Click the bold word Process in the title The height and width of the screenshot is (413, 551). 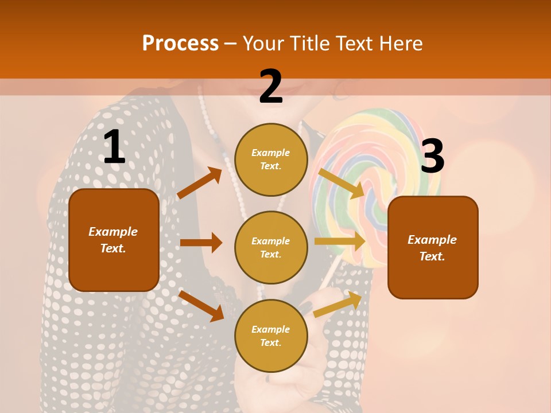180,44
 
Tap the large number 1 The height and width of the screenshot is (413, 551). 114,147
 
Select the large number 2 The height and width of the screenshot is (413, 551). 271,87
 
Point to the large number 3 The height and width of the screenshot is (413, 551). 433,157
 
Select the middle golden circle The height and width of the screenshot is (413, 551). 271,247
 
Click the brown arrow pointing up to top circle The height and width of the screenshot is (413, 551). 200,183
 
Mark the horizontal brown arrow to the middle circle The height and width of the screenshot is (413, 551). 201,243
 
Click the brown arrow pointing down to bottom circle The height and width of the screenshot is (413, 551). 201,306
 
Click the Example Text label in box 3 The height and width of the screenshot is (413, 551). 432,248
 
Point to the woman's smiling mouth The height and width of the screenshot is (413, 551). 293,91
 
